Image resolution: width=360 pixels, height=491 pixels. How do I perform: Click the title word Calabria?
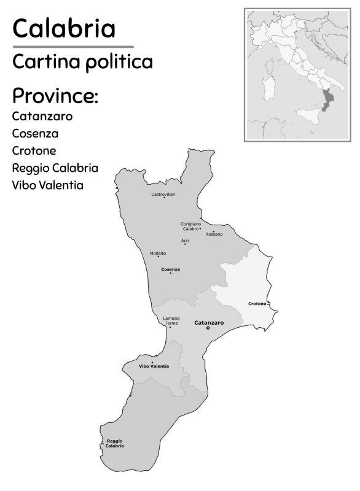(x=63, y=28)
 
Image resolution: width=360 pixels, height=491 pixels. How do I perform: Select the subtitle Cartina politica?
(x=82, y=61)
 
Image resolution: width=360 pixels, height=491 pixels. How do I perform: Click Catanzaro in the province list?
(x=42, y=116)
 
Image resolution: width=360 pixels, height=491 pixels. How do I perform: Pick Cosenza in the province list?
(x=35, y=133)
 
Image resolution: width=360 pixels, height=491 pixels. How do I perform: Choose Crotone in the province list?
(x=34, y=150)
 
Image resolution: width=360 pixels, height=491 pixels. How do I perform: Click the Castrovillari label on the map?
(x=163, y=194)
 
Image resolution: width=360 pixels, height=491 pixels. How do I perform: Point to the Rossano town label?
(x=214, y=234)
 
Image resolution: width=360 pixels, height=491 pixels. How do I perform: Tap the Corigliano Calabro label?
(x=190, y=226)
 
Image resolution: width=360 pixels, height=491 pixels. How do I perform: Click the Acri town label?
(x=185, y=241)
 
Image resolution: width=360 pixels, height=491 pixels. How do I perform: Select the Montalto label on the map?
(x=158, y=253)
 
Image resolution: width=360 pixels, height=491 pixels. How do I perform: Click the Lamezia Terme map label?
(x=171, y=320)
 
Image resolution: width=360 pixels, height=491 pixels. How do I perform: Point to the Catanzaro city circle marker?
(x=208, y=328)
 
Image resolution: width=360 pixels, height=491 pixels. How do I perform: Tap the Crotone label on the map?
(x=257, y=304)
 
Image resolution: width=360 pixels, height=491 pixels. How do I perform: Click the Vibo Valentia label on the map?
(x=154, y=366)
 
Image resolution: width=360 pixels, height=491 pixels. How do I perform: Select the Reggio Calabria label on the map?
(x=115, y=443)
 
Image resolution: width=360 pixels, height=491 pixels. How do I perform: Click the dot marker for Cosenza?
(x=171, y=273)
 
